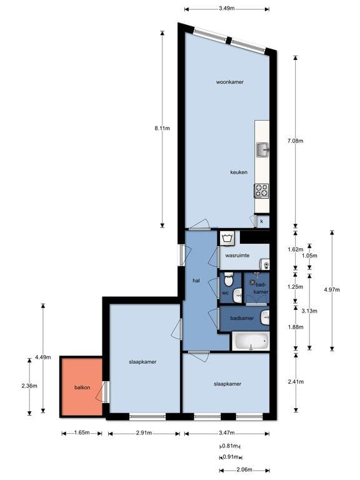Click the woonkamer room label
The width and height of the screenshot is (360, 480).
(229, 82)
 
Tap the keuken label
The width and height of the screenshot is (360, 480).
(239, 172)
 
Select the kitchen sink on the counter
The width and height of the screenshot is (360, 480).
(262, 150)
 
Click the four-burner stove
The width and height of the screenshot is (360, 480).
(261, 191)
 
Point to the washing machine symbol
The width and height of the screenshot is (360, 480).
(227, 238)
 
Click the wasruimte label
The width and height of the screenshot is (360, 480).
(237, 255)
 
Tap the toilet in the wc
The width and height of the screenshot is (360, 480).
(229, 279)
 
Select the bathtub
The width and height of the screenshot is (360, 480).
(251, 341)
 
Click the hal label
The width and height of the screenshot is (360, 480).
(196, 280)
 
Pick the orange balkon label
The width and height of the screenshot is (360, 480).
(82, 387)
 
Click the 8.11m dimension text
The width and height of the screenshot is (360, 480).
(162, 128)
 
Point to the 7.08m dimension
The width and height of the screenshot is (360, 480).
(296, 141)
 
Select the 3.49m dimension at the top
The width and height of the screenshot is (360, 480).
(227, 8)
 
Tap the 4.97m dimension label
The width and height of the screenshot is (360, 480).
(332, 289)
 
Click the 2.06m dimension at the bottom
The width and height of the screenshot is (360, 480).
(245, 469)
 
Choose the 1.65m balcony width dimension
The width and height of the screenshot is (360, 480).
(82, 432)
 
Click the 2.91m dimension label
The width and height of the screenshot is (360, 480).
(144, 432)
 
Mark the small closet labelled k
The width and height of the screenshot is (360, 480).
(262, 221)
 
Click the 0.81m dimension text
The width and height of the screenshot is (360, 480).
(230, 446)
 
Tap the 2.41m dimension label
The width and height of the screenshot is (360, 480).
(296, 381)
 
